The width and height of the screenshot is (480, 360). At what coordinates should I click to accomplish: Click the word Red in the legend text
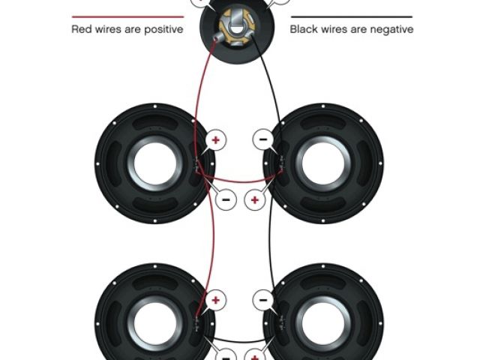click(82, 30)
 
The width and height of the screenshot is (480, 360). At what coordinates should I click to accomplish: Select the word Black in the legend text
click(304, 30)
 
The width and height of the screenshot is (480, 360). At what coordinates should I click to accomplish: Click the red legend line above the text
click(127, 16)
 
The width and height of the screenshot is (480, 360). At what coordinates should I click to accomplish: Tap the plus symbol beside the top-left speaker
click(216, 139)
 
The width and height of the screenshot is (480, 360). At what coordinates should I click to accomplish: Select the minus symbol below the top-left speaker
click(226, 199)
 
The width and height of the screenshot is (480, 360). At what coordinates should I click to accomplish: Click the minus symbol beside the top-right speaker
click(262, 139)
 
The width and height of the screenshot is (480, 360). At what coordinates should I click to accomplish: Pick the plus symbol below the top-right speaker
click(254, 199)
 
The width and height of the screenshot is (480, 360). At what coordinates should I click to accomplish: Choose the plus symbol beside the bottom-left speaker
click(216, 300)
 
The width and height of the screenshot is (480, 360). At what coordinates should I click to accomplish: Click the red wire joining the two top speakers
click(240, 181)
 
